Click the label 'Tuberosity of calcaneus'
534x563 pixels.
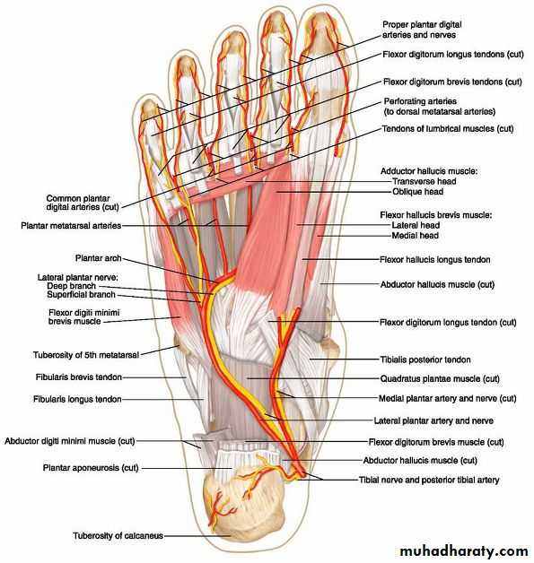point(118,536)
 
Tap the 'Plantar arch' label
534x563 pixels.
point(98,258)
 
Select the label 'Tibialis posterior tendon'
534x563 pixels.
point(425,359)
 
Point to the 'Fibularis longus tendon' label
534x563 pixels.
point(77,399)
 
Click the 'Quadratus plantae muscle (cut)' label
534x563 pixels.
point(440,378)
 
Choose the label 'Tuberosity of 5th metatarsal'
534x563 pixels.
point(86,355)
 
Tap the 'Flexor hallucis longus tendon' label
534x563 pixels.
point(434,259)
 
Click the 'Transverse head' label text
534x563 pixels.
point(424,181)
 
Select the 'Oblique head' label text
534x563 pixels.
point(417,191)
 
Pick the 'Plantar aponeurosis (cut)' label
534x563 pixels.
point(91,468)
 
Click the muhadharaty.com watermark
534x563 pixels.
point(464,550)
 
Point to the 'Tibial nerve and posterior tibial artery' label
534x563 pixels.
point(429,480)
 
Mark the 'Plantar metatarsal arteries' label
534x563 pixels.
point(71,226)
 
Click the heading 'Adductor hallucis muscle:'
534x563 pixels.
point(429,171)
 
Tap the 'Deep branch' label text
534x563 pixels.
point(72,286)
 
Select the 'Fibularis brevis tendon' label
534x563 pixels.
point(79,377)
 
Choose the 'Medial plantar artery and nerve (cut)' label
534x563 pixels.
point(448,398)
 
